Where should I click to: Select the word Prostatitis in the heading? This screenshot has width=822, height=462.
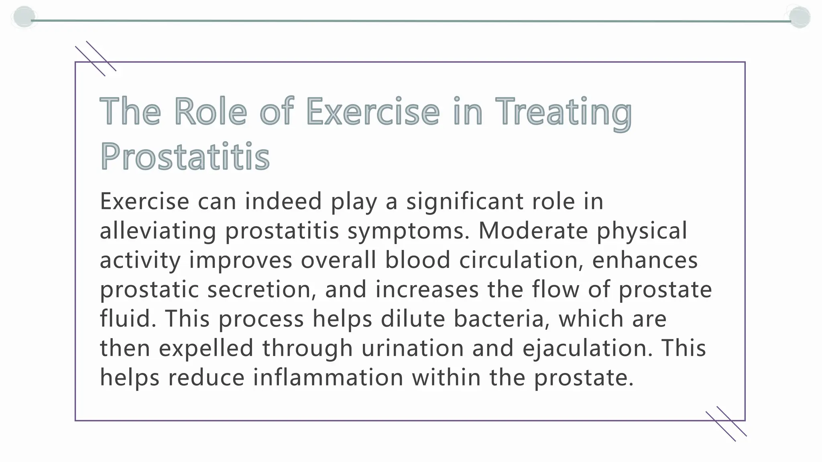coord(185,156)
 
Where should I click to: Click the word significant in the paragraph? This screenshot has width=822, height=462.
coord(465,202)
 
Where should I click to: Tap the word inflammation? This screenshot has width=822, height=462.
coord(328,377)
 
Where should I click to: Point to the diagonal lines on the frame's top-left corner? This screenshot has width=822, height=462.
coord(96,59)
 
